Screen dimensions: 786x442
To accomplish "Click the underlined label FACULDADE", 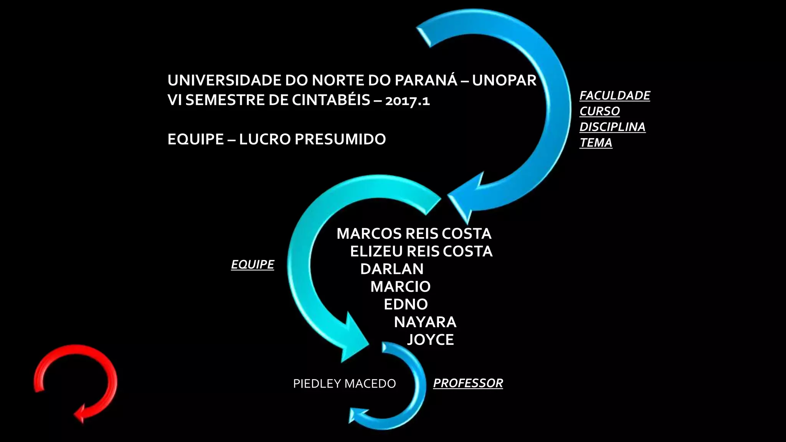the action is (614, 96).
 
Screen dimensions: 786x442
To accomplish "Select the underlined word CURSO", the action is (599, 111).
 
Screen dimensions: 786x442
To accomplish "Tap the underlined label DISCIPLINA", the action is (612, 127).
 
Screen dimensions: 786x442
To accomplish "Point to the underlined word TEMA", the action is (596, 143).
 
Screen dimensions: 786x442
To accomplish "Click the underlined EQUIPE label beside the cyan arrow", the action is (252, 264).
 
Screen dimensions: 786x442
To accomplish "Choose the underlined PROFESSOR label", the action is (468, 383).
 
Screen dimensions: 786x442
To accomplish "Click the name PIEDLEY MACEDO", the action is (344, 383).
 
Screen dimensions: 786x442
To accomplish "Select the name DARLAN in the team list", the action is (392, 269).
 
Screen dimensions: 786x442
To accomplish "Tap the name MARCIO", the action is (400, 287).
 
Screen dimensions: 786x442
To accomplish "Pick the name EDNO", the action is (406, 304).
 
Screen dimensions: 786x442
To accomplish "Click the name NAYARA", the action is (425, 322).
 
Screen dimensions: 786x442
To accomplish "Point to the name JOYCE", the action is (430, 340).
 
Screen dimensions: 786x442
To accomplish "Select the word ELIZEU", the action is (376, 251).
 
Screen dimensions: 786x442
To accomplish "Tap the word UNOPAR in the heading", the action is (504, 80).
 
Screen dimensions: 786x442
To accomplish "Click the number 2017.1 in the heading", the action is (407, 100).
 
